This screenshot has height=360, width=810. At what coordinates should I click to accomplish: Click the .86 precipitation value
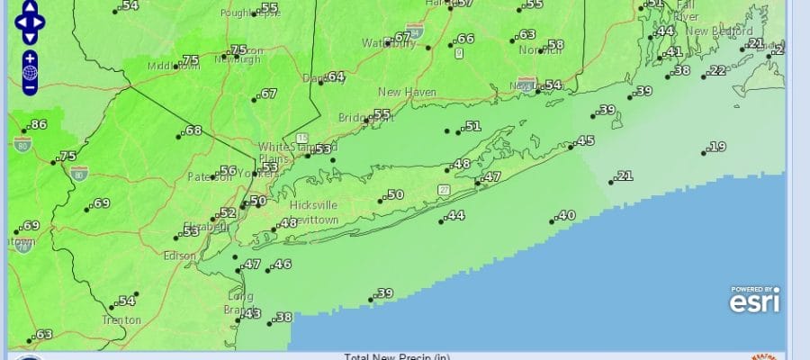(37, 124)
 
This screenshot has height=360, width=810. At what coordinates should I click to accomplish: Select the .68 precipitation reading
(192, 130)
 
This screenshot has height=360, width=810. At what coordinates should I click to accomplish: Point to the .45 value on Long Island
(585, 140)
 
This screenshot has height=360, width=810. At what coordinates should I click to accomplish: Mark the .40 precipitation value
(566, 215)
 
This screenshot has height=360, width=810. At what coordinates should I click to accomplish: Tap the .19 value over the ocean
(717, 147)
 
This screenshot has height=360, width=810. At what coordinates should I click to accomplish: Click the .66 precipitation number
(464, 39)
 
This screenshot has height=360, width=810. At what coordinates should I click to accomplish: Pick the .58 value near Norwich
(555, 45)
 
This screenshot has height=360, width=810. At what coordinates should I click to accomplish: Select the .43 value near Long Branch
(251, 313)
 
